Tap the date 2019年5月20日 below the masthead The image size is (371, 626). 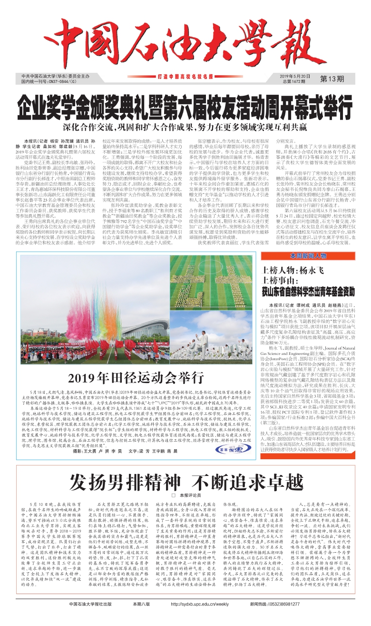tap(294, 76)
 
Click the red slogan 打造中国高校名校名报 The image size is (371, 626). tap(185, 76)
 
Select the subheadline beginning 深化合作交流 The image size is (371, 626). tap(185, 127)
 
